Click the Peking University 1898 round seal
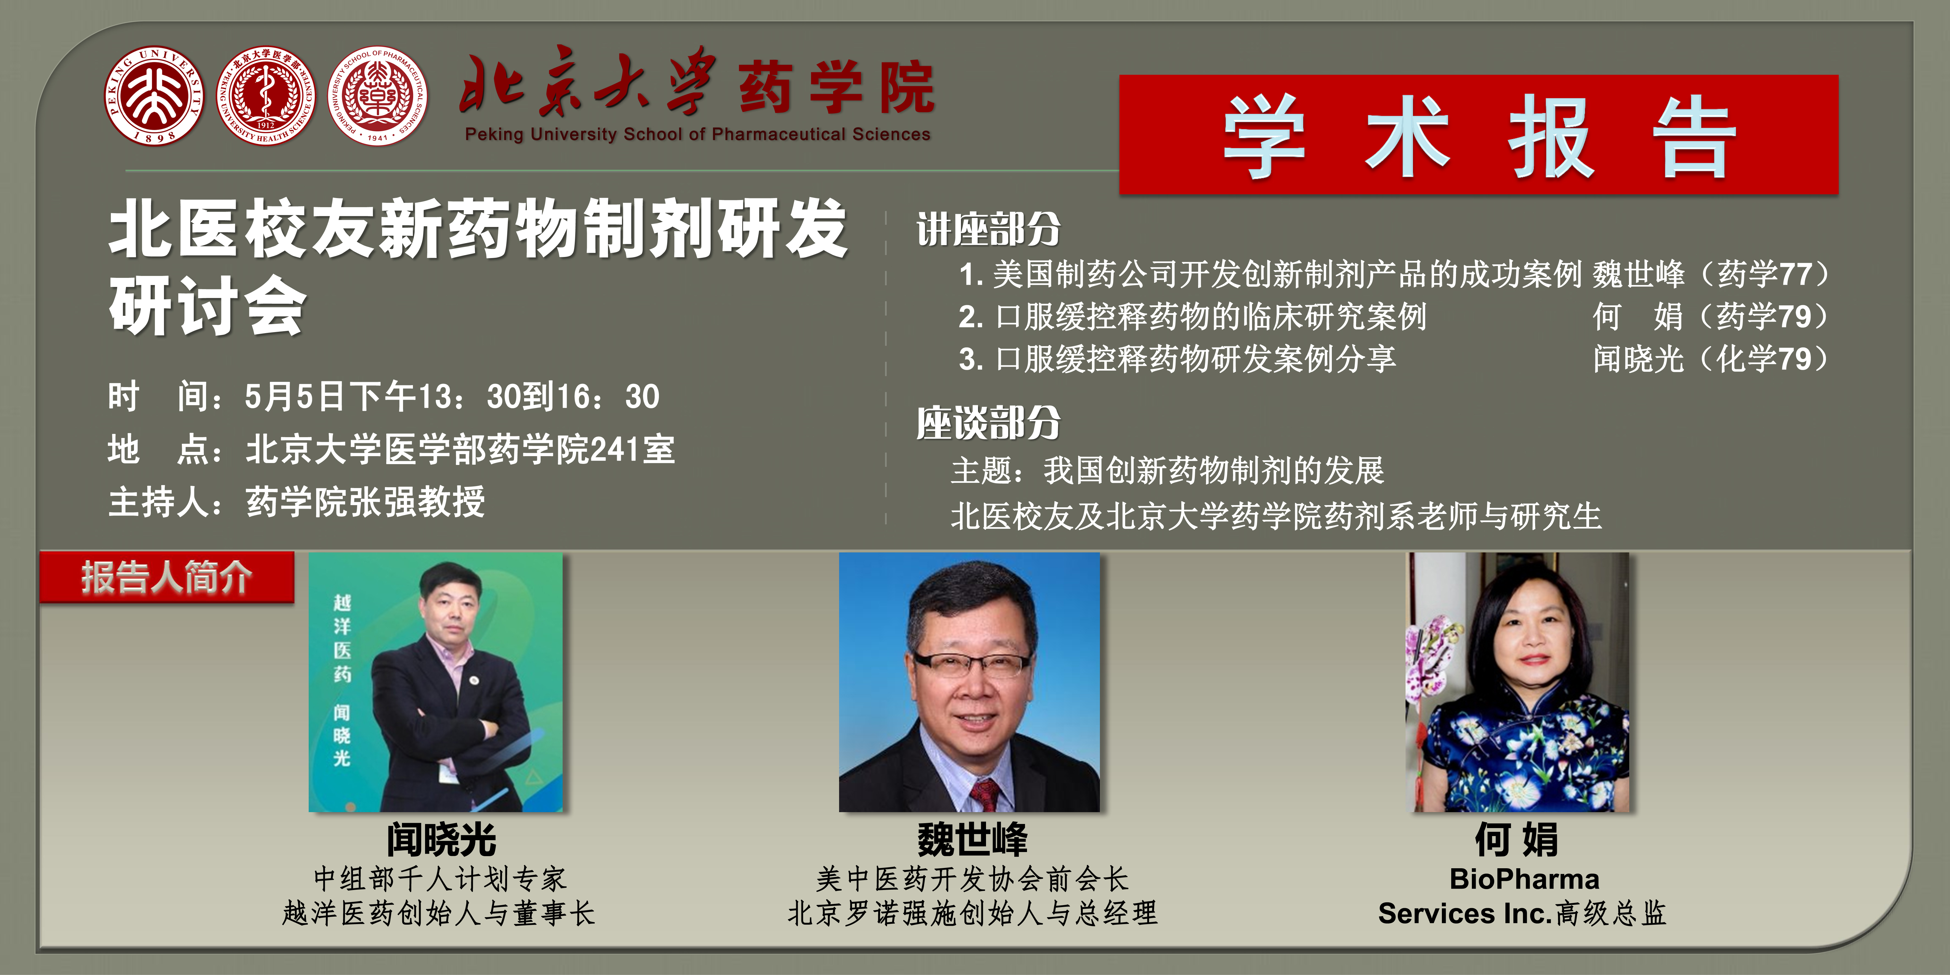(154, 96)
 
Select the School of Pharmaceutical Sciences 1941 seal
(377, 96)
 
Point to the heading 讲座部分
(989, 229)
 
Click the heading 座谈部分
(989, 422)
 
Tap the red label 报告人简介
(166, 577)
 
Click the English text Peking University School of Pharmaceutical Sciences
(697, 134)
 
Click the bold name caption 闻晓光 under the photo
(441, 839)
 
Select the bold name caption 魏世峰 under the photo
(973, 839)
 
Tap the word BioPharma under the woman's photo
(1524, 879)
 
